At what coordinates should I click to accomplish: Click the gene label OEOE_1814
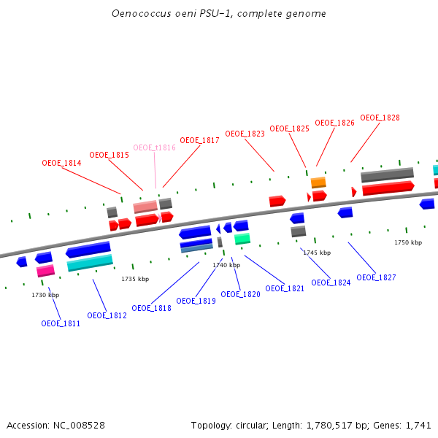click(x=61, y=163)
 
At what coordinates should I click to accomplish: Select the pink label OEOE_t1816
click(x=154, y=147)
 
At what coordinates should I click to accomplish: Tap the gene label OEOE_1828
click(x=380, y=118)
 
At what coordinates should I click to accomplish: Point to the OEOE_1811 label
click(x=61, y=323)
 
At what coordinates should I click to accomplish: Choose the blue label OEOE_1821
click(x=285, y=288)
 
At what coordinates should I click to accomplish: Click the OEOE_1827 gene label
click(x=376, y=277)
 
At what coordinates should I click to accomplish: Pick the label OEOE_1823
click(x=245, y=134)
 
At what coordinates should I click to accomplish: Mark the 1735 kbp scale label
click(x=135, y=279)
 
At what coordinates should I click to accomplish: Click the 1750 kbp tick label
click(x=408, y=242)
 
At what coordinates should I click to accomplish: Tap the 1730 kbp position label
click(x=45, y=295)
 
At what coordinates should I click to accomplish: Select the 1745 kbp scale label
click(x=317, y=253)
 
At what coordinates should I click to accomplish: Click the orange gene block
click(x=318, y=182)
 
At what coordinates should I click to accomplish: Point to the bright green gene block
click(x=242, y=239)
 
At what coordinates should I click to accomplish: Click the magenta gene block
click(x=45, y=270)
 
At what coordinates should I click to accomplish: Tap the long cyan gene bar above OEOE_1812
click(x=90, y=262)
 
